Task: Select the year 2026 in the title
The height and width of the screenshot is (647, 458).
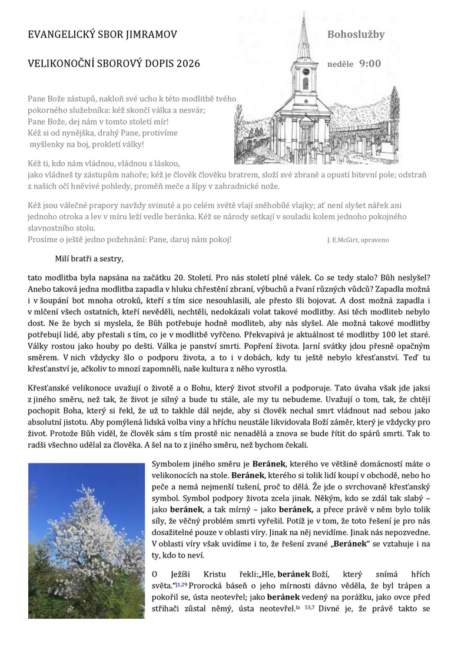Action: (188, 64)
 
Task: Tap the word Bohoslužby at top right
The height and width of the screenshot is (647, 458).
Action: (356, 35)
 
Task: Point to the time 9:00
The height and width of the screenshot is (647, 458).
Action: (370, 64)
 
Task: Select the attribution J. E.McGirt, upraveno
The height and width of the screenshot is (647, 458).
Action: (357, 240)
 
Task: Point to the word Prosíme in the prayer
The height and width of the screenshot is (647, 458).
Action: (44, 239)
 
